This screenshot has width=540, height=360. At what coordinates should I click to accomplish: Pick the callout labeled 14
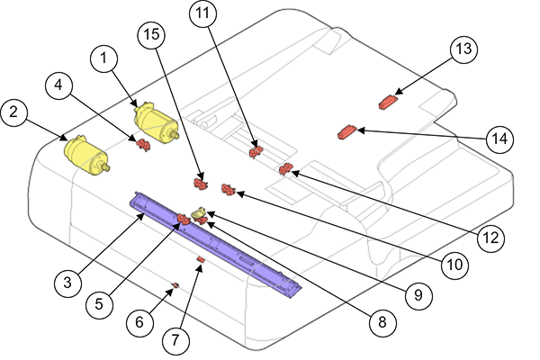tap(499, 140)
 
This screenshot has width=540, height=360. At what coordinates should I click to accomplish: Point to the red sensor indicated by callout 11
tap(255, 149)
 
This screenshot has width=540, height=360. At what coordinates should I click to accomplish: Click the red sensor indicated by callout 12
tap(286, 168)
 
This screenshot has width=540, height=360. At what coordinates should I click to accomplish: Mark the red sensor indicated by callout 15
tap(202, 184)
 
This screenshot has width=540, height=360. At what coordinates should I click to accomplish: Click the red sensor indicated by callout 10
tap(229, 188)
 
